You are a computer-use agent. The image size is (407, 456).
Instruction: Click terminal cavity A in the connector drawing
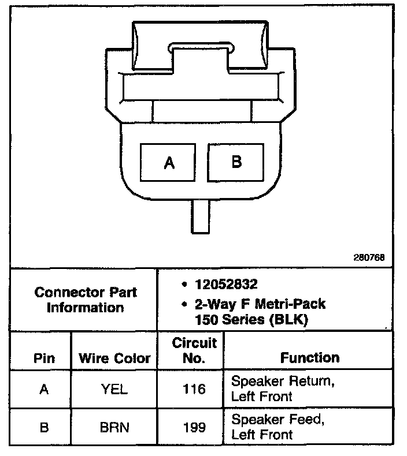(x=169, y=163)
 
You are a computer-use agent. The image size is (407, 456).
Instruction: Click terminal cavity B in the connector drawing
(x=236, y=162)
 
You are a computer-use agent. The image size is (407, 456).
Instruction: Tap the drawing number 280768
(x=369, y=257)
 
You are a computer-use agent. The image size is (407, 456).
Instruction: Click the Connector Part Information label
(x=86, y=300)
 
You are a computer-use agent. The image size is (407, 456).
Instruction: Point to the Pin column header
(x=44, y=358)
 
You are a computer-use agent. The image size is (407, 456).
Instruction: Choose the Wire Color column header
(x=114, y=358)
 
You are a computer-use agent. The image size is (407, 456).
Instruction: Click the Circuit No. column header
(x=194, y=351)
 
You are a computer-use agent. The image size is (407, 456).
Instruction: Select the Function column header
(x=310, y=358)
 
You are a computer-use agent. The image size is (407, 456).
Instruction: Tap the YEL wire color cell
(x=114, y=390)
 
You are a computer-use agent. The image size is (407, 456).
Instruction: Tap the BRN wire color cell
(x=114, y=428)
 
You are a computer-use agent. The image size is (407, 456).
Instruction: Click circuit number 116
(x=194, y=390)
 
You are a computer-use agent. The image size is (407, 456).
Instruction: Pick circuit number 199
(x=194, y=428)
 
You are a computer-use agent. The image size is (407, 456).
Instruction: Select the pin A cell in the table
(x=44, y=390)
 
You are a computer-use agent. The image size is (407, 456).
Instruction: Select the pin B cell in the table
(x=44, y=428)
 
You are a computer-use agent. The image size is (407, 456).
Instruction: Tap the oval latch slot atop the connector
(x=199, y=46)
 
